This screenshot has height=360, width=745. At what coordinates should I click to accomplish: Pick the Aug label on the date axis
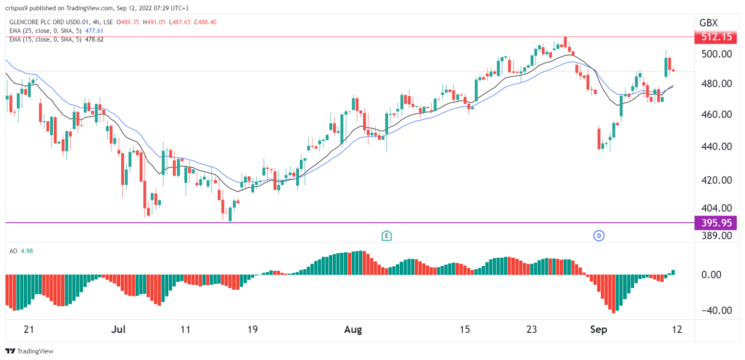click(x=353, y=330)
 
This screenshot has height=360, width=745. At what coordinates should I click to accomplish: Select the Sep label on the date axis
click(x=598, y=330)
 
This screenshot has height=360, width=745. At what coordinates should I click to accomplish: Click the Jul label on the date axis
click(x=118, y=330)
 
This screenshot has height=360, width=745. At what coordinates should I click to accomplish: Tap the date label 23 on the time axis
click(x=532, y=330)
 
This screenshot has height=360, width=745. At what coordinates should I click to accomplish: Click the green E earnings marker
click(x=387, y=236)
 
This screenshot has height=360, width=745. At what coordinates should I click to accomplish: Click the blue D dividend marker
click(x=599, y=236)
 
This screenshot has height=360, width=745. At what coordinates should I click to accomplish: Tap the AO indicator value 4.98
click(x=27, y=251)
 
